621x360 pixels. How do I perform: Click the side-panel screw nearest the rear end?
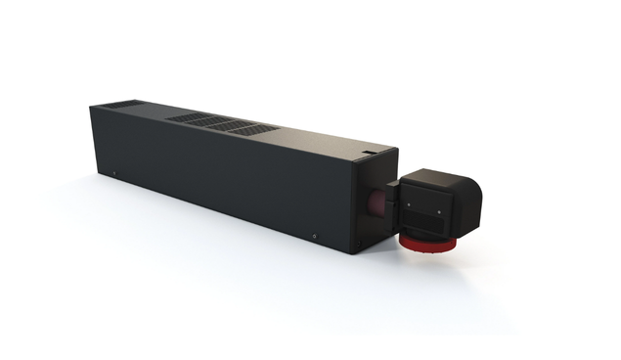coord(115,175)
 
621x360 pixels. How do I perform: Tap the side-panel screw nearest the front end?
coord(315,233)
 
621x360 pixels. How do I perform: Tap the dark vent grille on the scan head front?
coord(426,221)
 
